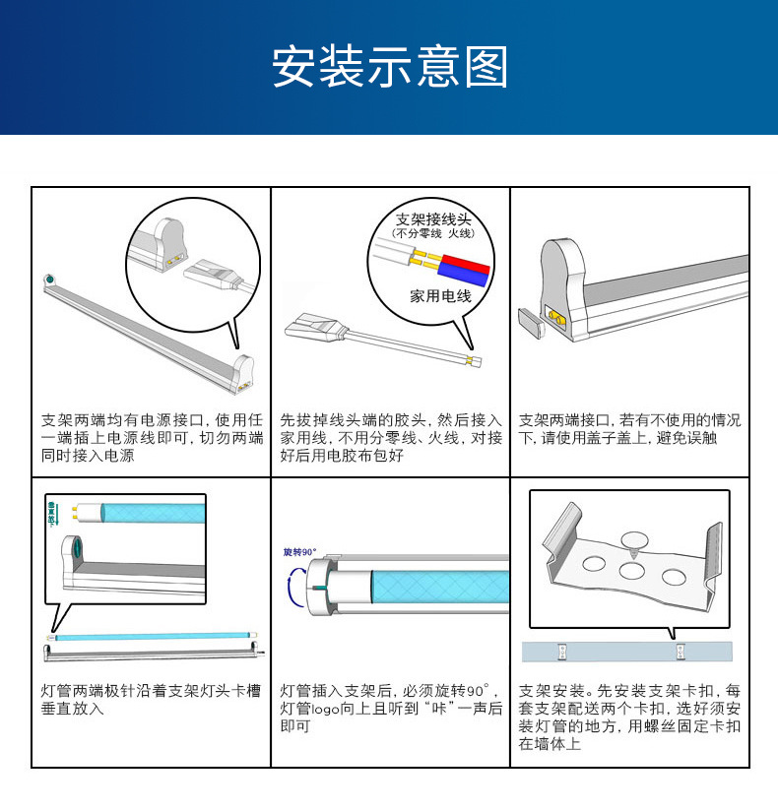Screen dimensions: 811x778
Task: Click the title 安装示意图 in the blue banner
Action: pos(389,68)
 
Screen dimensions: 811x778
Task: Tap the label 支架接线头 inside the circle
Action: pos(433,218)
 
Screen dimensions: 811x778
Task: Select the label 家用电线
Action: pos(440,295)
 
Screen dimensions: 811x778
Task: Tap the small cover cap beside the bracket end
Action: pos(531,324)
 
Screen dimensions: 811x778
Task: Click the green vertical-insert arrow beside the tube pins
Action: pos(51,513)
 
